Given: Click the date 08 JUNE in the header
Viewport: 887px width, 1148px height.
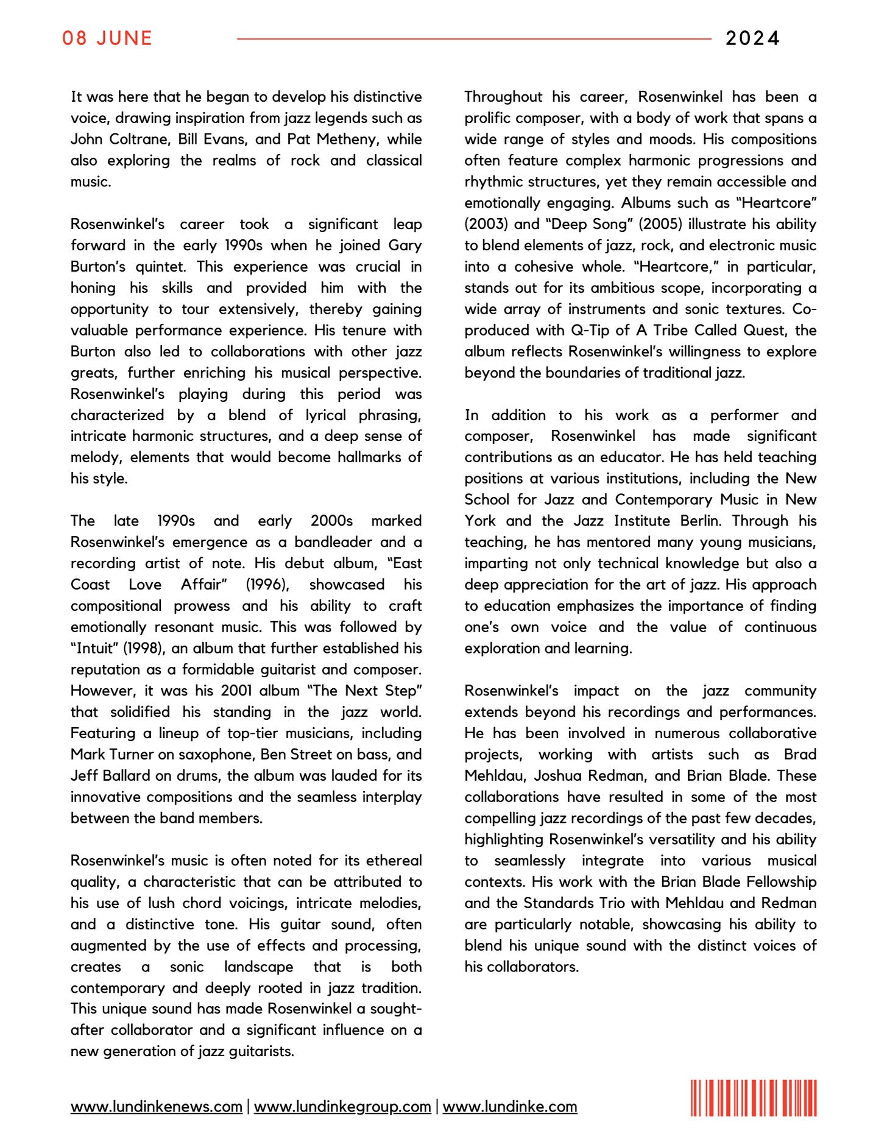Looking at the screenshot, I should (x=107, y=38).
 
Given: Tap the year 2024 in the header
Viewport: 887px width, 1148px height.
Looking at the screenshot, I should (x=752, y=38).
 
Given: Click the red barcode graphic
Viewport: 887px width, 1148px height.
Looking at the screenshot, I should (x=754, y=1098).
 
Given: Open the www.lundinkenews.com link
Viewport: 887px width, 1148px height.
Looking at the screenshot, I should (x=157, y=1107).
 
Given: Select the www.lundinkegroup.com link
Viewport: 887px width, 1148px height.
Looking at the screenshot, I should (x=342, y=1107).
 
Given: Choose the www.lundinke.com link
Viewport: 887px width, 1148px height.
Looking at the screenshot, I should (x=510, y=1107).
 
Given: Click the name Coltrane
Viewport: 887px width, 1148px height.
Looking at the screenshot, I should (x=140, y=139).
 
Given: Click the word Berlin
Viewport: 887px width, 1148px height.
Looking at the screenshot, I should (x=696, y=521).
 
